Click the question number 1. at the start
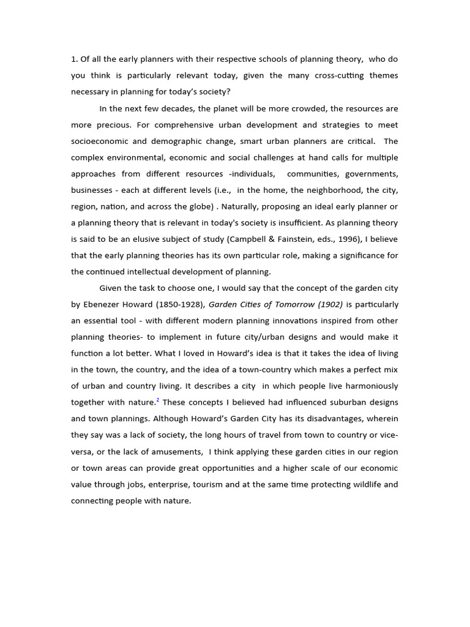pos(75,59)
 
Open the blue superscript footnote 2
pos(158,400)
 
